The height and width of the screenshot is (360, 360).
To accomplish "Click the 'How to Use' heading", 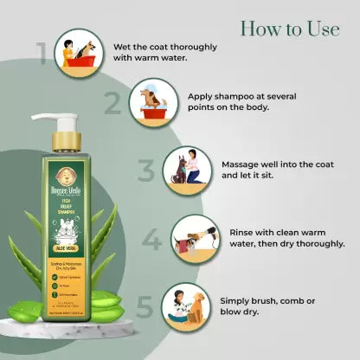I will (289, 29).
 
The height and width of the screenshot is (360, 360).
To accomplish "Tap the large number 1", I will (41, 52).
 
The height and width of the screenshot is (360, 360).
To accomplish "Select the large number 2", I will (112, 104).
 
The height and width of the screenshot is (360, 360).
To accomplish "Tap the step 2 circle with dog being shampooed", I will (154, 104).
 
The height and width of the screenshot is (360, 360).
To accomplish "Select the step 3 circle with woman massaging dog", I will (188, 169).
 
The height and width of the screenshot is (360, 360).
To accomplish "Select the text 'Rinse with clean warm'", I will (279, 232).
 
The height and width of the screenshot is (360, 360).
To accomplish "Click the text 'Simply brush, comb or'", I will (269, 299).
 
